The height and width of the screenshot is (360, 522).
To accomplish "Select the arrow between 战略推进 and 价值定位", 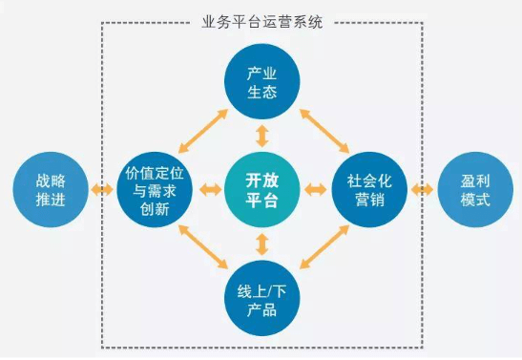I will pos(101,191).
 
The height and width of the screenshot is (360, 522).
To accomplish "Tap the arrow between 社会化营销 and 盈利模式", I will pos(421,191).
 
